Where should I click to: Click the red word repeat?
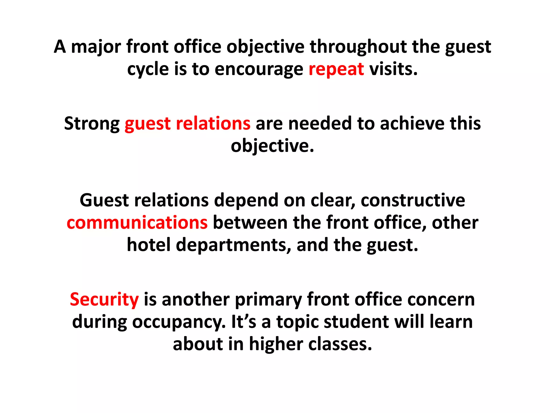pyautogui.click(x=336, y=69)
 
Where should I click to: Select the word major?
pyautogui.click(x=96, y=47)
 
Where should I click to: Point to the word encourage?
pyautogui.click(x=259, y=69)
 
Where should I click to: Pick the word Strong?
pyautogui.click(x=92, y=124)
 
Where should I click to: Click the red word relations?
pyautogui.click(x=213, y=124)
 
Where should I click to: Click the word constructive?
pyautogui.click(x=413, y=200)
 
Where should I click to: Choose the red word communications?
pyautogui.click(x=137, y=223)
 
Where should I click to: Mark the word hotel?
pyautogui.click(x=149, y=245)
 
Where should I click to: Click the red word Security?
pyautogui.click(x=104, y=300)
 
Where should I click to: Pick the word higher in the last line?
pyautogui.click(x=276, y=344)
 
